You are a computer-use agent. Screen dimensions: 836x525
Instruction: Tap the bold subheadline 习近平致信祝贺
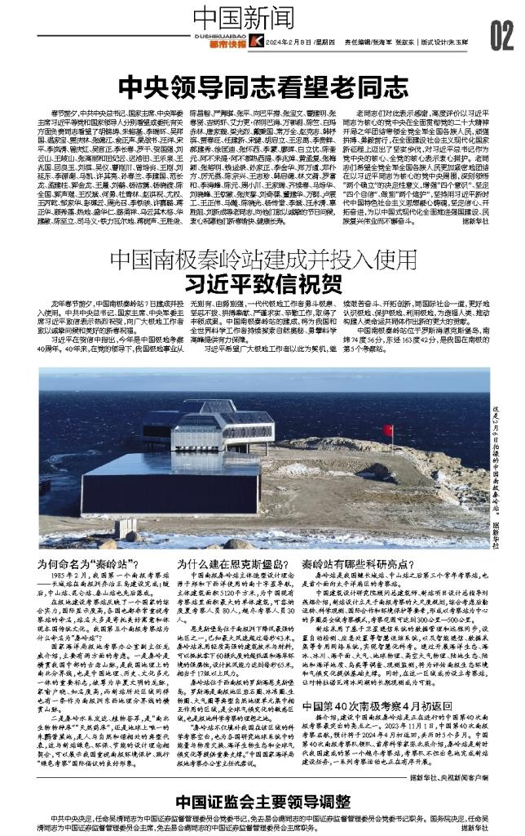click(262, 282)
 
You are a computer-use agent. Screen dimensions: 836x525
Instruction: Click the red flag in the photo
click(388, 430)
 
